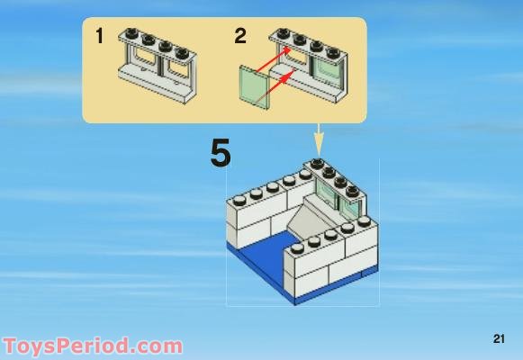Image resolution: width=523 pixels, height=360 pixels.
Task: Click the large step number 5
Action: point(221,153)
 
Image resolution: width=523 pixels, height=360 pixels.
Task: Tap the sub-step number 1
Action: point(99,36)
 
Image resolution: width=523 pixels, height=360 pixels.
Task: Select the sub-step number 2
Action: point(240,36)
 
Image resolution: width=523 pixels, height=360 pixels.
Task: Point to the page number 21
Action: point(499,338)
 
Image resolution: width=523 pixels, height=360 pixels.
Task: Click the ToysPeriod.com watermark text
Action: point(93,346)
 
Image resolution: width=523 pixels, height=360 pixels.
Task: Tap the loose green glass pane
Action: point(254,87)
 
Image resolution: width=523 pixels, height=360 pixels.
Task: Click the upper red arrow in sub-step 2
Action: point(273,59)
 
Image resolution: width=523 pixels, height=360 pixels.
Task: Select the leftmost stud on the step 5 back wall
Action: point(239,201)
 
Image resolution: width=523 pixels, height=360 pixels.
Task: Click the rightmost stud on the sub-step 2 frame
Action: point(333,53)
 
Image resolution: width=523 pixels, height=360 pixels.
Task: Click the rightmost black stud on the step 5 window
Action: point(352,191)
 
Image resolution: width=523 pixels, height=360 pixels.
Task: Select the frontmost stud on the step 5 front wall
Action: point(297,248)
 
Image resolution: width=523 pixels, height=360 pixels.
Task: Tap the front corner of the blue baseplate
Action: point(295,304)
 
